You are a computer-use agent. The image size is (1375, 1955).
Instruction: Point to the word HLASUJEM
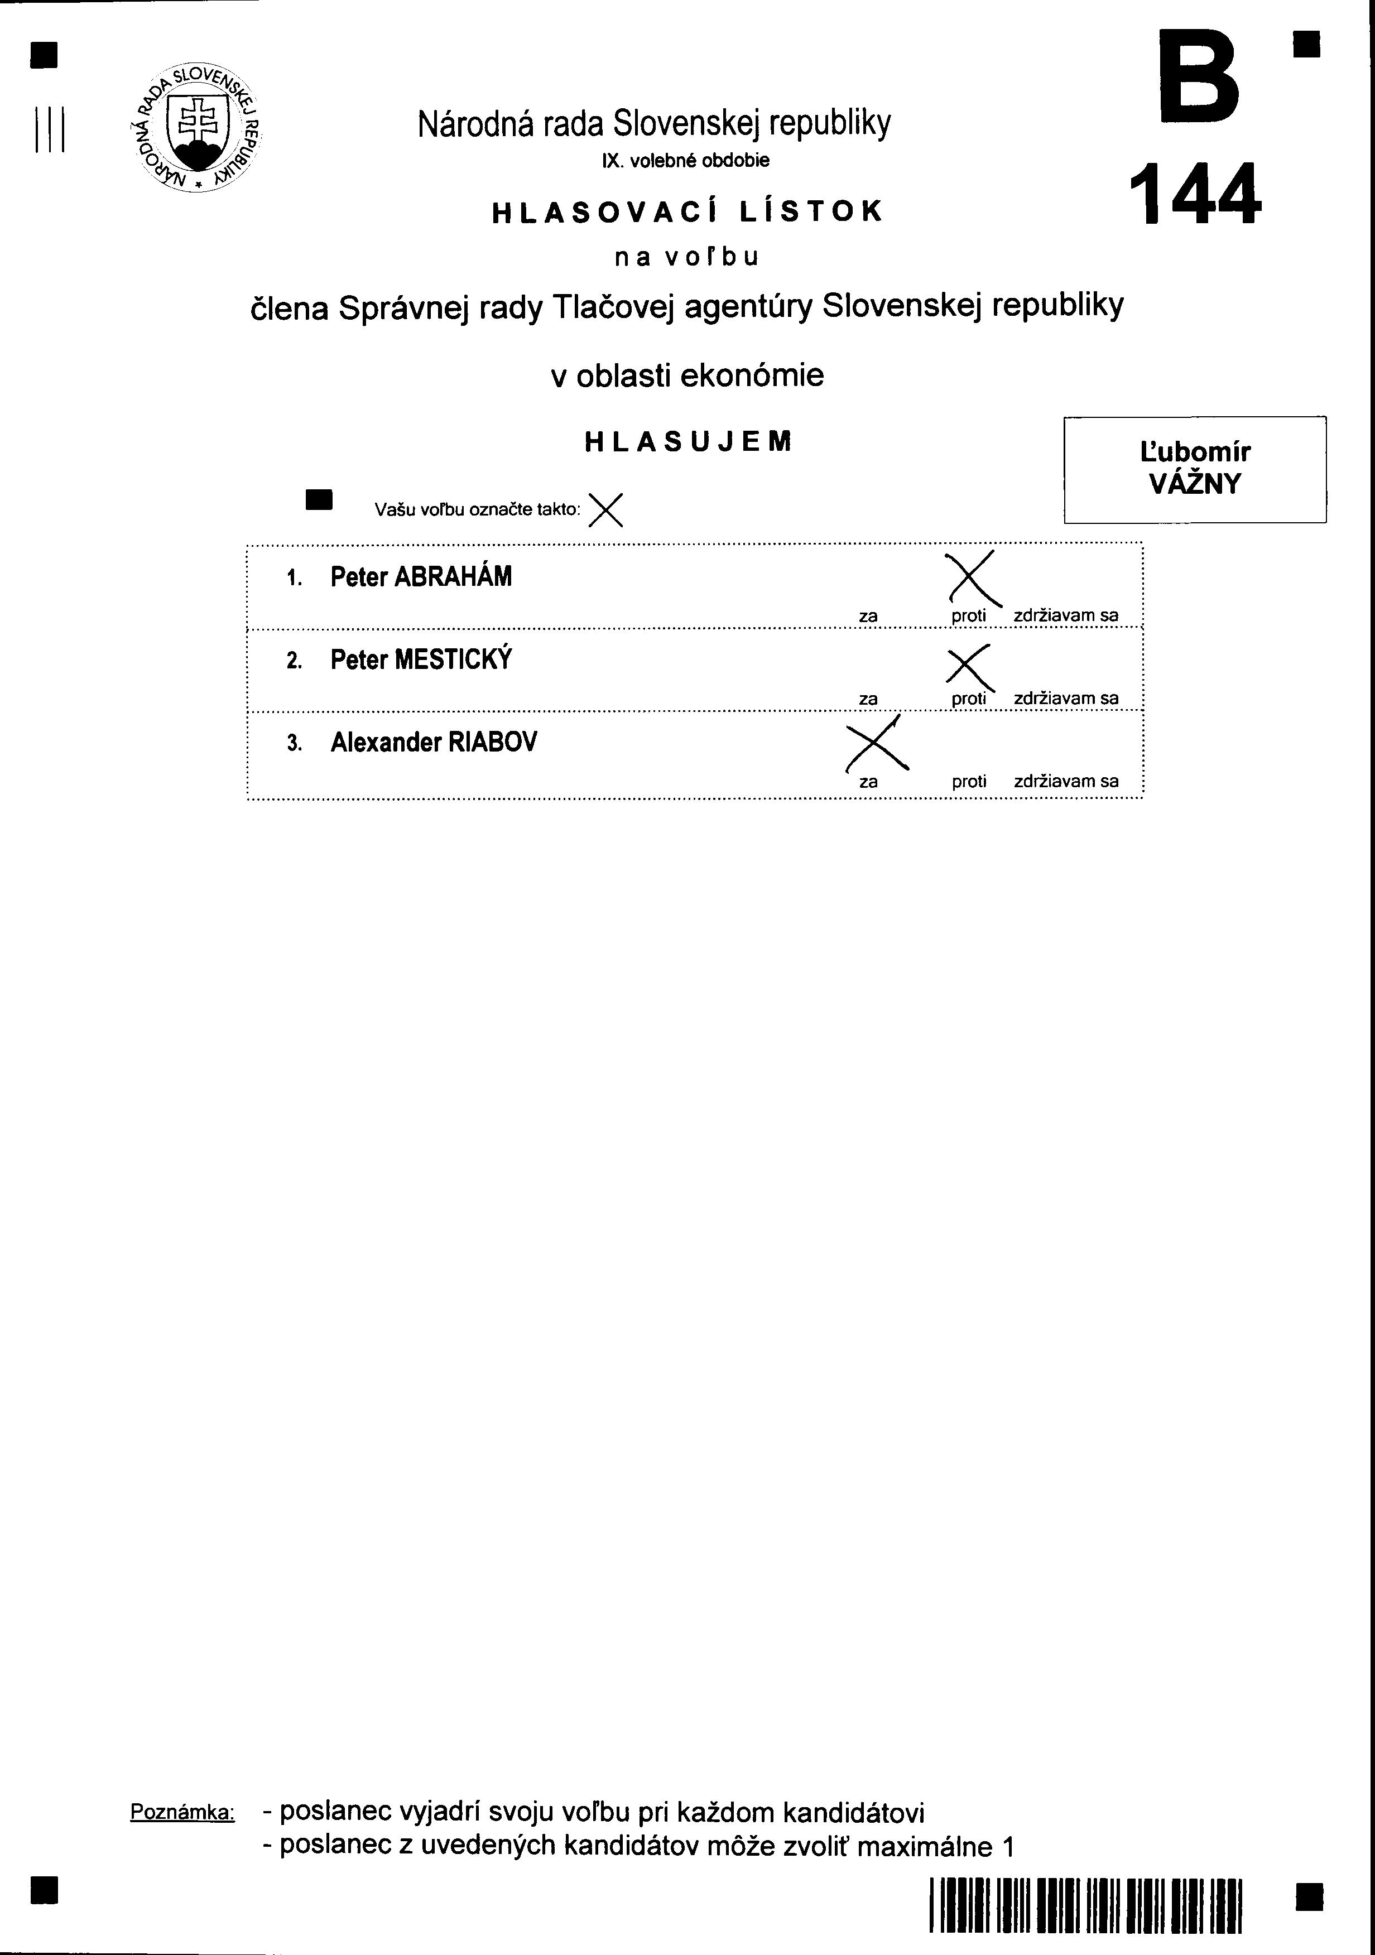(x=688, y=441)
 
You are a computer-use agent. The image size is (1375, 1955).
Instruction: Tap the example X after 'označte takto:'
(x=605, y=510)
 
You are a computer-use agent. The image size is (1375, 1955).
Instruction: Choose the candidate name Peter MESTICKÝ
(x=421, y=660)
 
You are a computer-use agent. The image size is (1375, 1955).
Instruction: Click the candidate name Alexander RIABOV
(x=434, y=743)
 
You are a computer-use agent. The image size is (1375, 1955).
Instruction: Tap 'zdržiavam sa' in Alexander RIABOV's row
(x=1066, y=781)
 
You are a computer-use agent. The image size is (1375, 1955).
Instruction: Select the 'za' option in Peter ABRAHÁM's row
(x=868, y=615)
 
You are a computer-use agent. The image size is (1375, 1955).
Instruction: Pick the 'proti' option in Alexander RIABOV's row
(x=969, y=781)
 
